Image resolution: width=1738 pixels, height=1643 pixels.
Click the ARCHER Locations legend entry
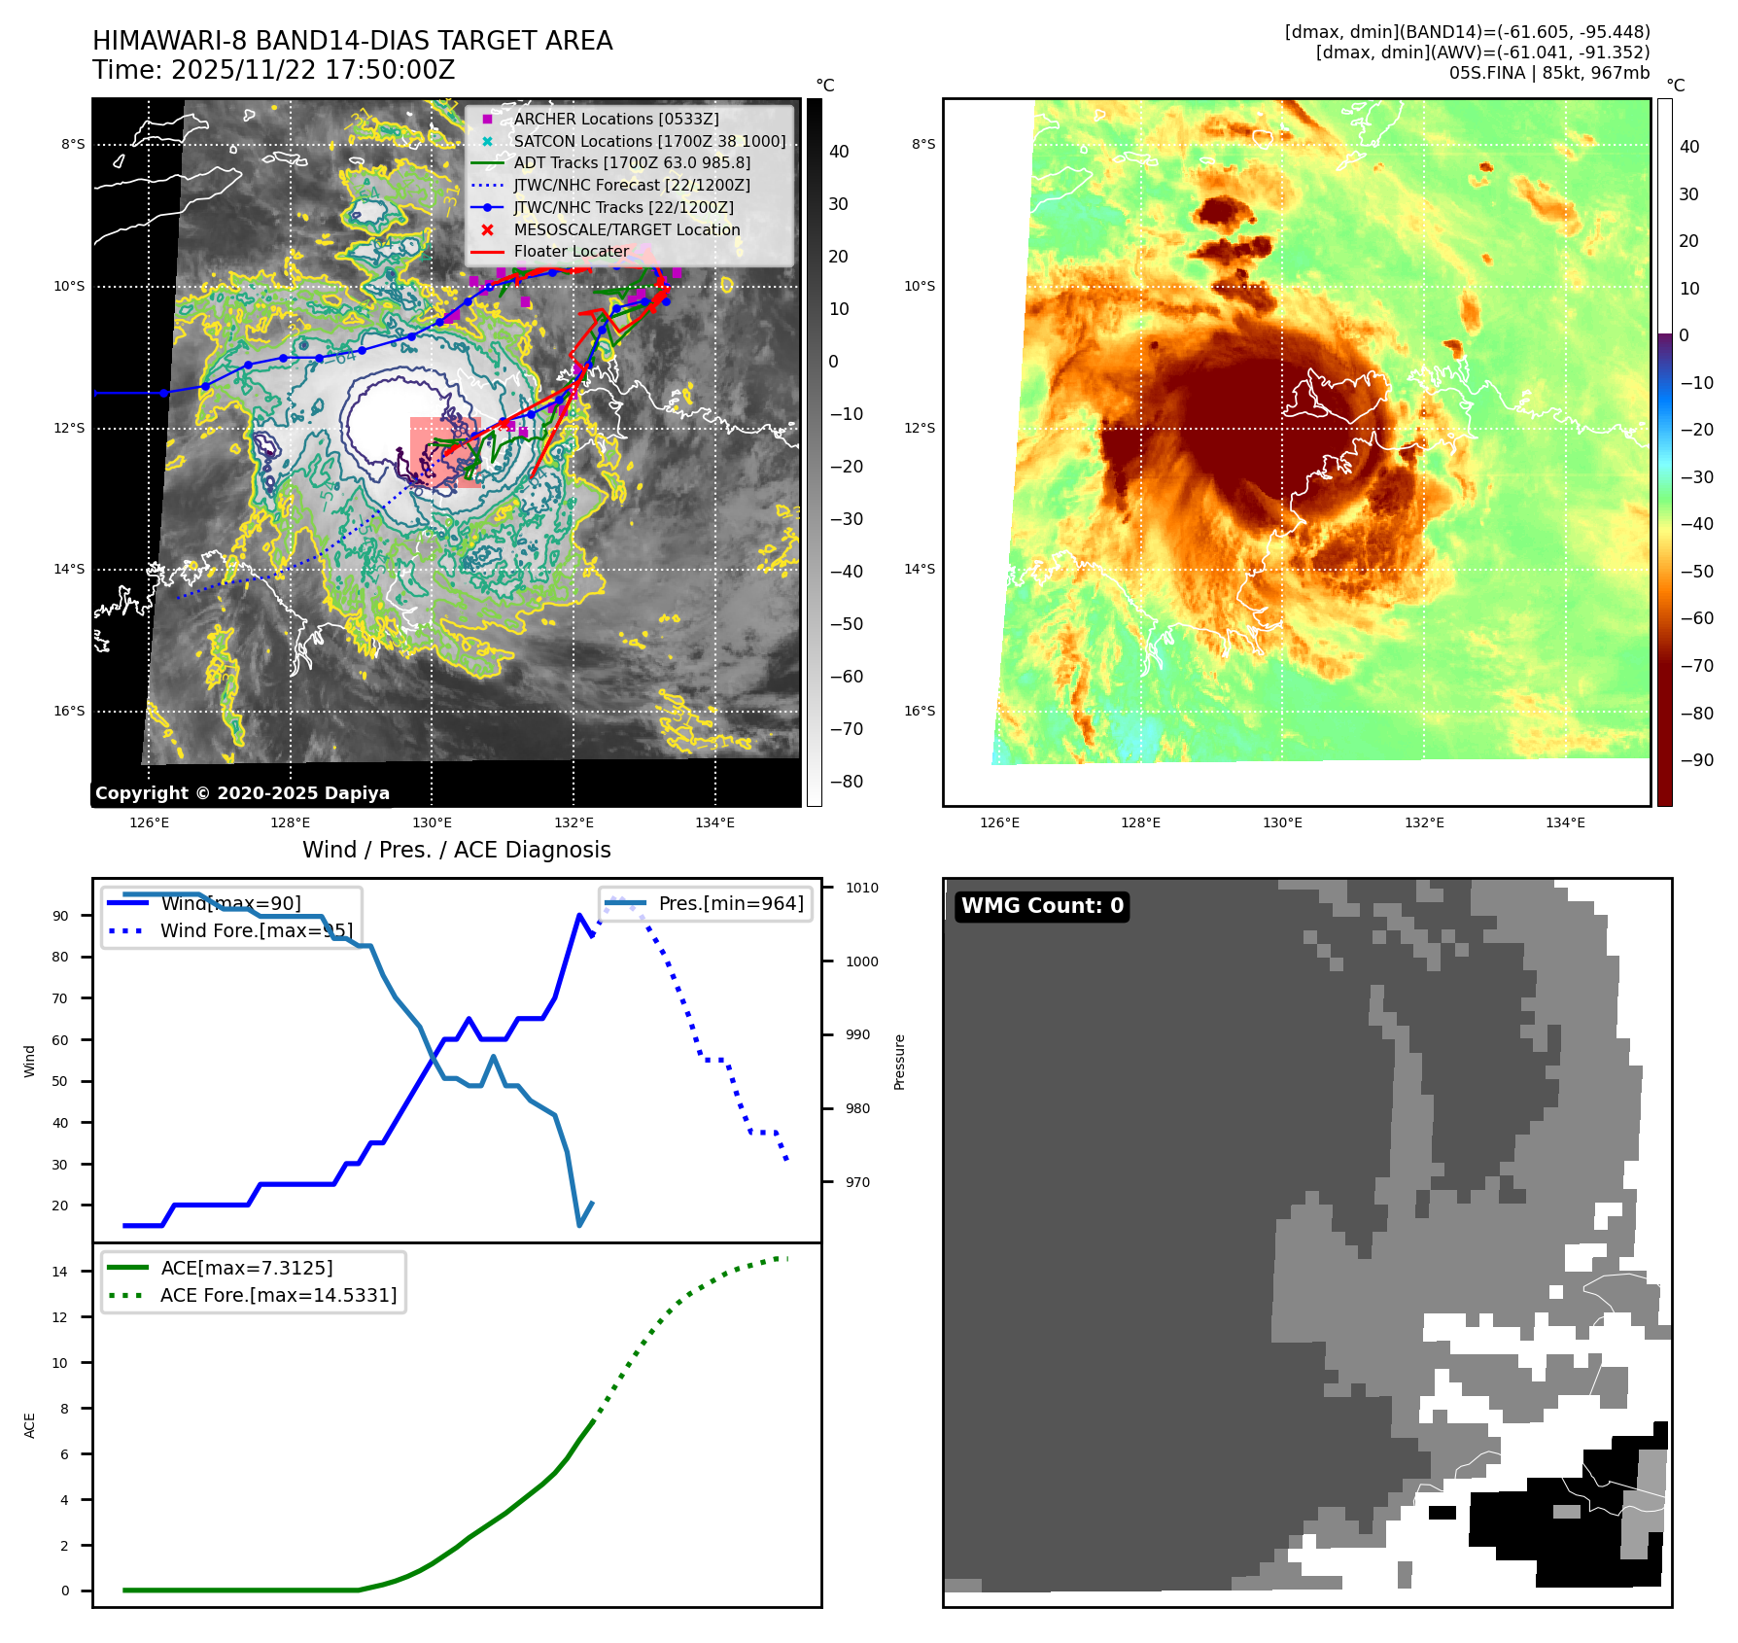(616, 119)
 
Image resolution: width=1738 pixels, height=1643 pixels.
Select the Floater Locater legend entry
(572, 252)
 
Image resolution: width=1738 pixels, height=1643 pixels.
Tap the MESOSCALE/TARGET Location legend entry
(626, 229)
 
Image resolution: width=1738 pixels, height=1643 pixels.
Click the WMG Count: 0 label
(1042, 906)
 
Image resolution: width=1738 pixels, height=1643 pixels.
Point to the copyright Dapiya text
(243, 793)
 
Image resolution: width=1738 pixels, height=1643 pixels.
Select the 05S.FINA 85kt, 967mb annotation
(1548, 73)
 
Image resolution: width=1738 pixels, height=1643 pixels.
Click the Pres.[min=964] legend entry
(730, 904)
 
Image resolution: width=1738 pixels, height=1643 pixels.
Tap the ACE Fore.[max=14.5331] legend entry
(278, 1296)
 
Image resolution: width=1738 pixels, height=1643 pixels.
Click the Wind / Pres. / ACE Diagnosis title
(457, 850)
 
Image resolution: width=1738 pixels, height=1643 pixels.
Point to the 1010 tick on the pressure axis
(861, 888)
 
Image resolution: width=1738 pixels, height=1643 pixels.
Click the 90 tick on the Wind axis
(61, 916)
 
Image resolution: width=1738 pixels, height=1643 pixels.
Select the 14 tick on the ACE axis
(60, 1272)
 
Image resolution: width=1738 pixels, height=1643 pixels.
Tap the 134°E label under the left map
(714, 823)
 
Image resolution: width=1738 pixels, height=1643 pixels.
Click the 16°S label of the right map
(920, 712)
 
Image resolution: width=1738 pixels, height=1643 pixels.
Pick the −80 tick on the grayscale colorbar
(846, 782)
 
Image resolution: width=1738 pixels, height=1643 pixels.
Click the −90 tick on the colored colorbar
(1696, 760)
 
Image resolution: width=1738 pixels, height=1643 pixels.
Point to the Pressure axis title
(900, 1062)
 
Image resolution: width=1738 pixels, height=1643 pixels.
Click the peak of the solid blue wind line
(579, 915)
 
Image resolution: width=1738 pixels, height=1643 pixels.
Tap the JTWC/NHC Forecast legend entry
(632, 185)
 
